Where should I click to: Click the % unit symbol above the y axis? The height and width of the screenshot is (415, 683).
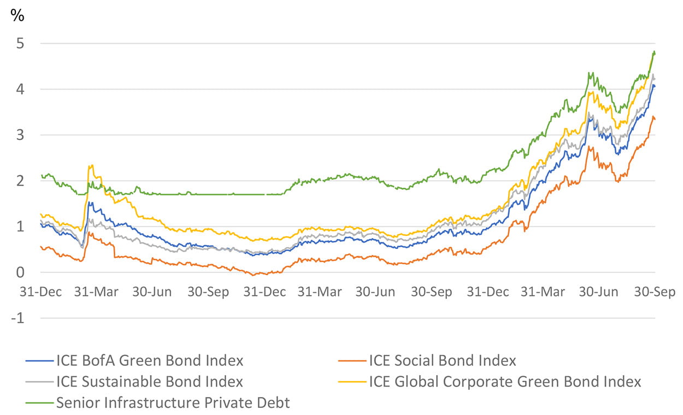17,16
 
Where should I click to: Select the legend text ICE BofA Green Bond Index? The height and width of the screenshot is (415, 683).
150,360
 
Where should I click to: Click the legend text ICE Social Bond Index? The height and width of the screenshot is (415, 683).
443,360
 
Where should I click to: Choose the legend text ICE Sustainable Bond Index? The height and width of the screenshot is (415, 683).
150,381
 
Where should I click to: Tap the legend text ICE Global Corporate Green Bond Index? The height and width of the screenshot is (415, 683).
505,381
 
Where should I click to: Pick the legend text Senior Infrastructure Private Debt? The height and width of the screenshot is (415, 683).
173,403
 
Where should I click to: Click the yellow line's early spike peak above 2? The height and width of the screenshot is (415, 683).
91,165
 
